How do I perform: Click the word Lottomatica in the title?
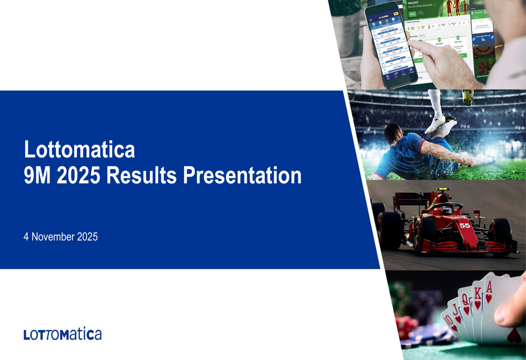click(x=79, y=150)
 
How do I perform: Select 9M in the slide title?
click(x=38, y=176)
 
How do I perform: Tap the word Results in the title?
click(x=141, y=176)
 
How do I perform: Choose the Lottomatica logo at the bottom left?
click(x=63, y=334)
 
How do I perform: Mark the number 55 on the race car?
click(x=464, y=225)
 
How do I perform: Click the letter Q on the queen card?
click(x=465, y=299)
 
